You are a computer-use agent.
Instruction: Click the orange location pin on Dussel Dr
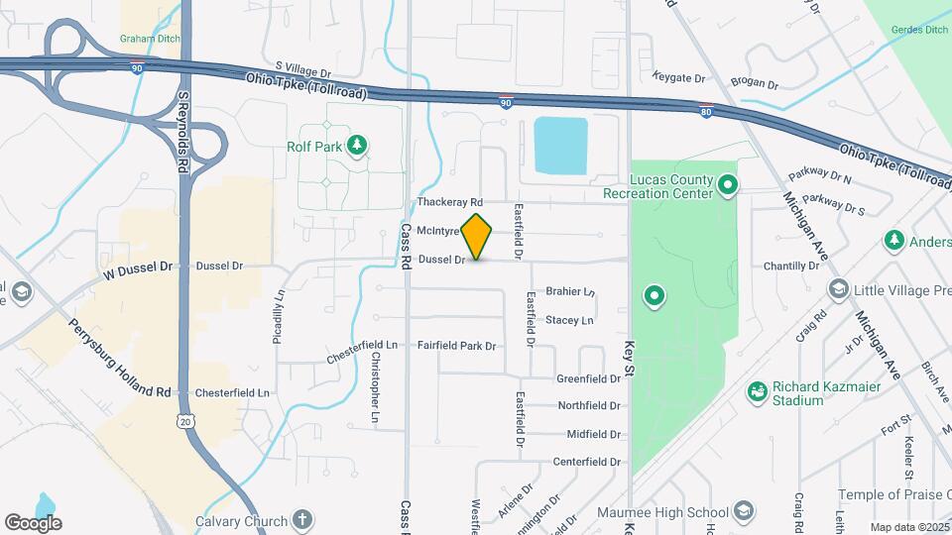[477, 237]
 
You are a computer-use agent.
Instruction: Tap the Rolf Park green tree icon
[356, 147]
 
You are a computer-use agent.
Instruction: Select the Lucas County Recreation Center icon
[728, 185]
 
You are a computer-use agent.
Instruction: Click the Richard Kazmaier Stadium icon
[759, 393]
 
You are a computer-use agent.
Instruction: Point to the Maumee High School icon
[743, 512]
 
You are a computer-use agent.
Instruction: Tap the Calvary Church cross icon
[303, 520]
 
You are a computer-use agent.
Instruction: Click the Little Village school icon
[839, 289]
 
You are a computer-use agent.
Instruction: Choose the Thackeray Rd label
[449, 201]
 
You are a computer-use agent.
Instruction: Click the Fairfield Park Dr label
[456, 346]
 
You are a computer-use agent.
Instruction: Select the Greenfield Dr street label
[588, 378]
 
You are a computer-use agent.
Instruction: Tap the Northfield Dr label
[588, 406]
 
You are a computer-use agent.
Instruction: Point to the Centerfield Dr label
[586, 462]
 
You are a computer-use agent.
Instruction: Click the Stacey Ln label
[569, 320]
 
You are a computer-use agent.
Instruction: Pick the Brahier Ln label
[569, 292]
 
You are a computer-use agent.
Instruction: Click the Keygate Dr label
[679, 77]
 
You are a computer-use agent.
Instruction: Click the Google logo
[33, 522]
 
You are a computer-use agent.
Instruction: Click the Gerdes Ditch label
[921, 30]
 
